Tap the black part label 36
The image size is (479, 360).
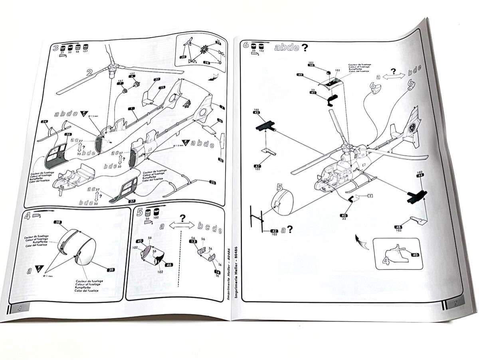68,134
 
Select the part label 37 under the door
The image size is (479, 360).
132,201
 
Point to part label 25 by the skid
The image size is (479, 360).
212,183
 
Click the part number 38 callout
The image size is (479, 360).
58,222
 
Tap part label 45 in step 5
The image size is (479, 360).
140,241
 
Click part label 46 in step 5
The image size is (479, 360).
169,265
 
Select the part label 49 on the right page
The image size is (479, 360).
300,75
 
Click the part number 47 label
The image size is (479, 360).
257,166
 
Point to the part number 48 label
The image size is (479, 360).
398,227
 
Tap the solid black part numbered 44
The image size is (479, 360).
416,195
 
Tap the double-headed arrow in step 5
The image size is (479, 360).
182,226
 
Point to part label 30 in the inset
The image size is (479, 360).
183,57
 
